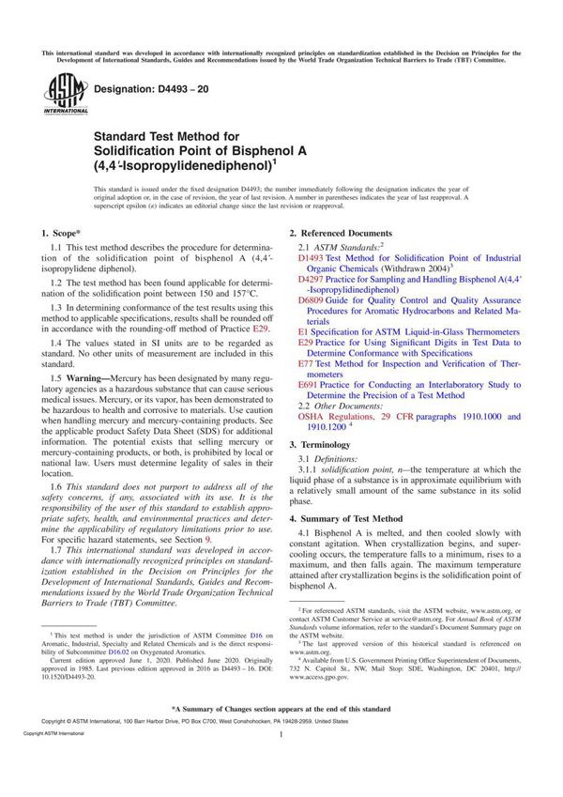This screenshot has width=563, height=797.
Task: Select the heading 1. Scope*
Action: click(x=61, y=232)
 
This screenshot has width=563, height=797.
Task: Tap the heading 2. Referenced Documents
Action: click(x=340, y=232)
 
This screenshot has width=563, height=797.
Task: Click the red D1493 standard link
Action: click(x=311, y=255)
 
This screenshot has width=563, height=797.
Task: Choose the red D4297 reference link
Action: click(x=311, y=279)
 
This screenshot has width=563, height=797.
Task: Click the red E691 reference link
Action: click(x=308, y=385)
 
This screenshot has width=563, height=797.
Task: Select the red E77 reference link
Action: click(x=306, y=362)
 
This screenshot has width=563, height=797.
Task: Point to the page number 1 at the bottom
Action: click(x=281, y=762)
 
